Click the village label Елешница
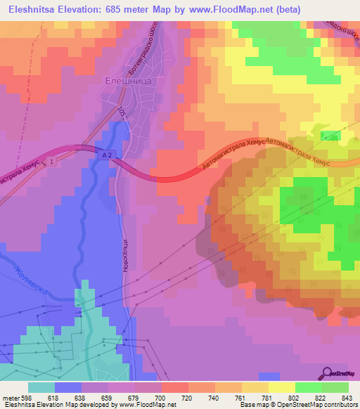[x=129, y=81]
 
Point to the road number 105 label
[x=122, y=111]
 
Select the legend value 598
[x=27, y=397]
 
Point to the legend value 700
[x=161, y=397]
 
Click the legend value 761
[x=241, y=397]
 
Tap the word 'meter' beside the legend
[x=10, y=397]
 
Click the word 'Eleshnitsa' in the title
[x=29, y=10]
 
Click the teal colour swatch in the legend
[x=41, y=387]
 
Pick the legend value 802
[x=295, y=397]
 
